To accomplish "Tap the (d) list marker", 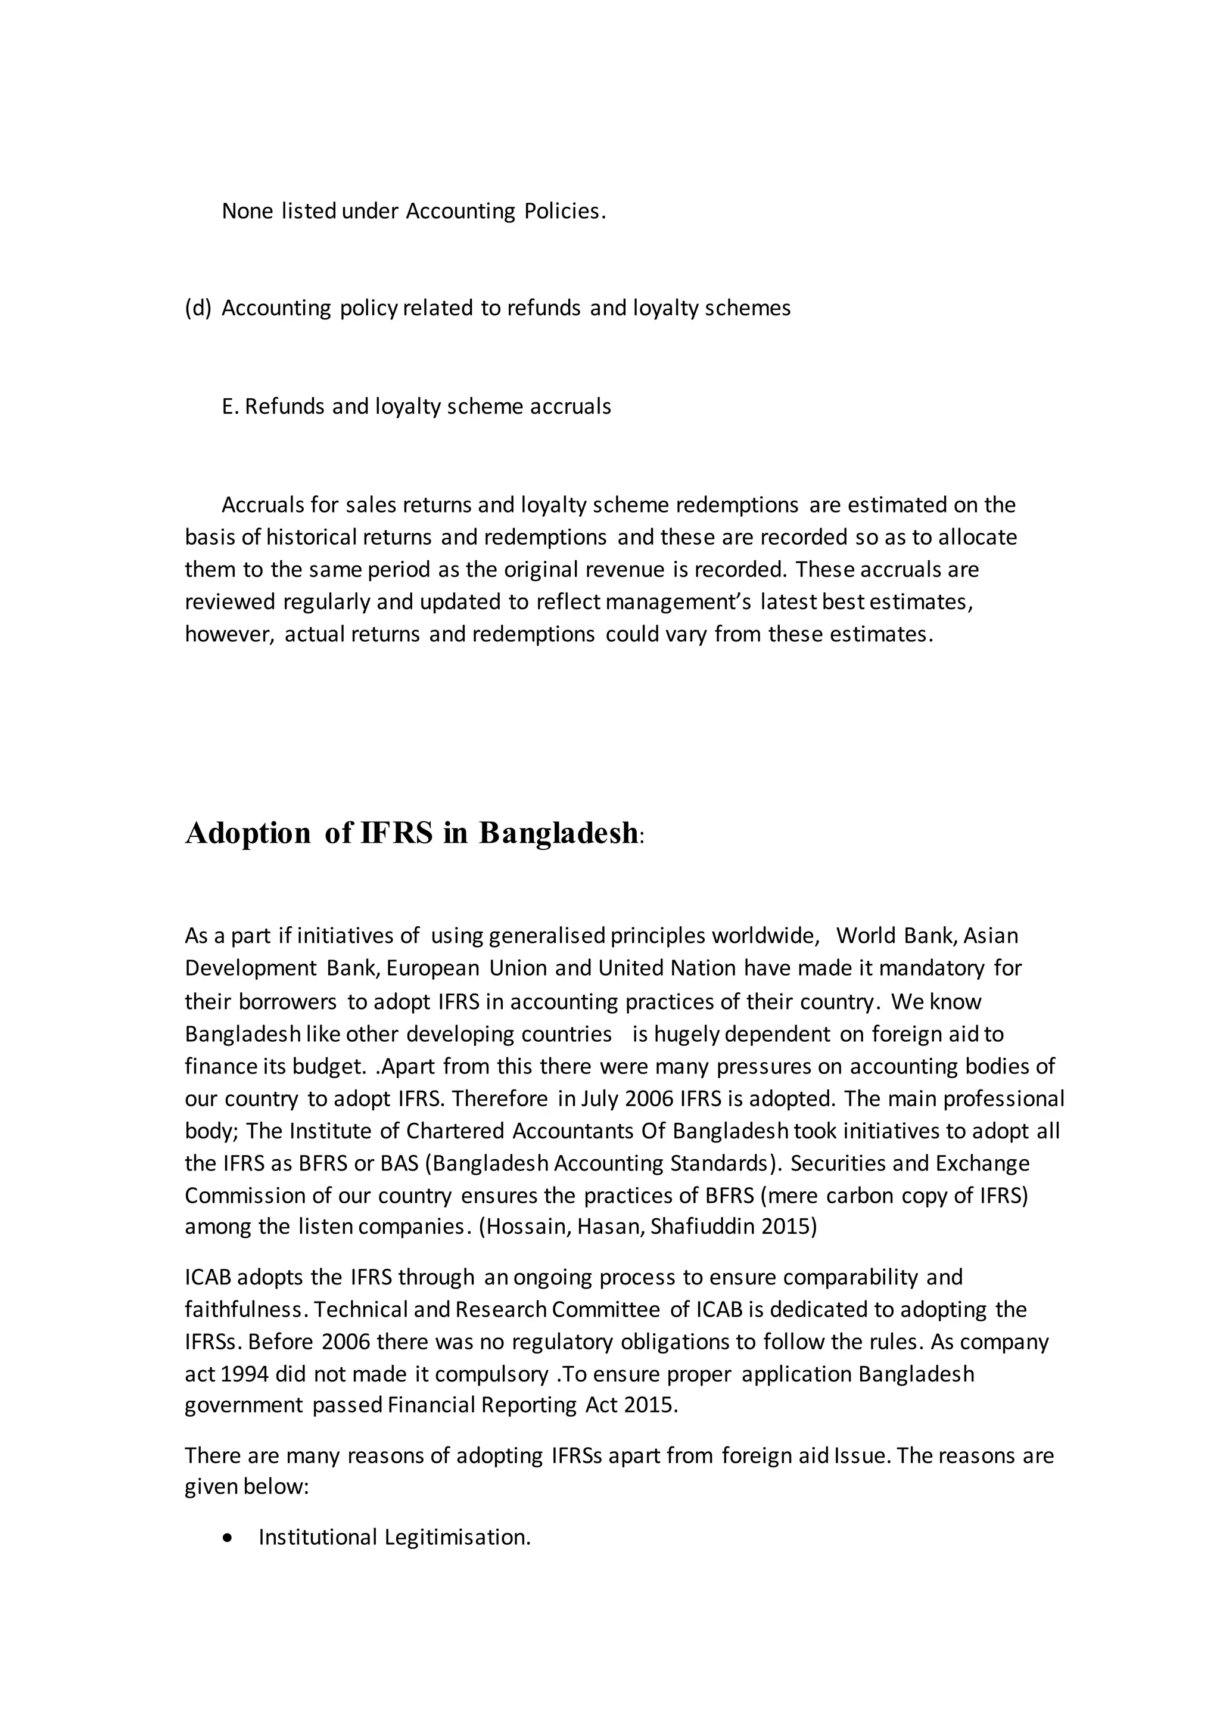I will coord(198,308).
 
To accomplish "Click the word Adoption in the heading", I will coord(248,833).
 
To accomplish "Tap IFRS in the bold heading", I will coord(397,833).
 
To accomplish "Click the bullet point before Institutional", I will coord(228,1538).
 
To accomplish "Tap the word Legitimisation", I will coord(457,1538).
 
